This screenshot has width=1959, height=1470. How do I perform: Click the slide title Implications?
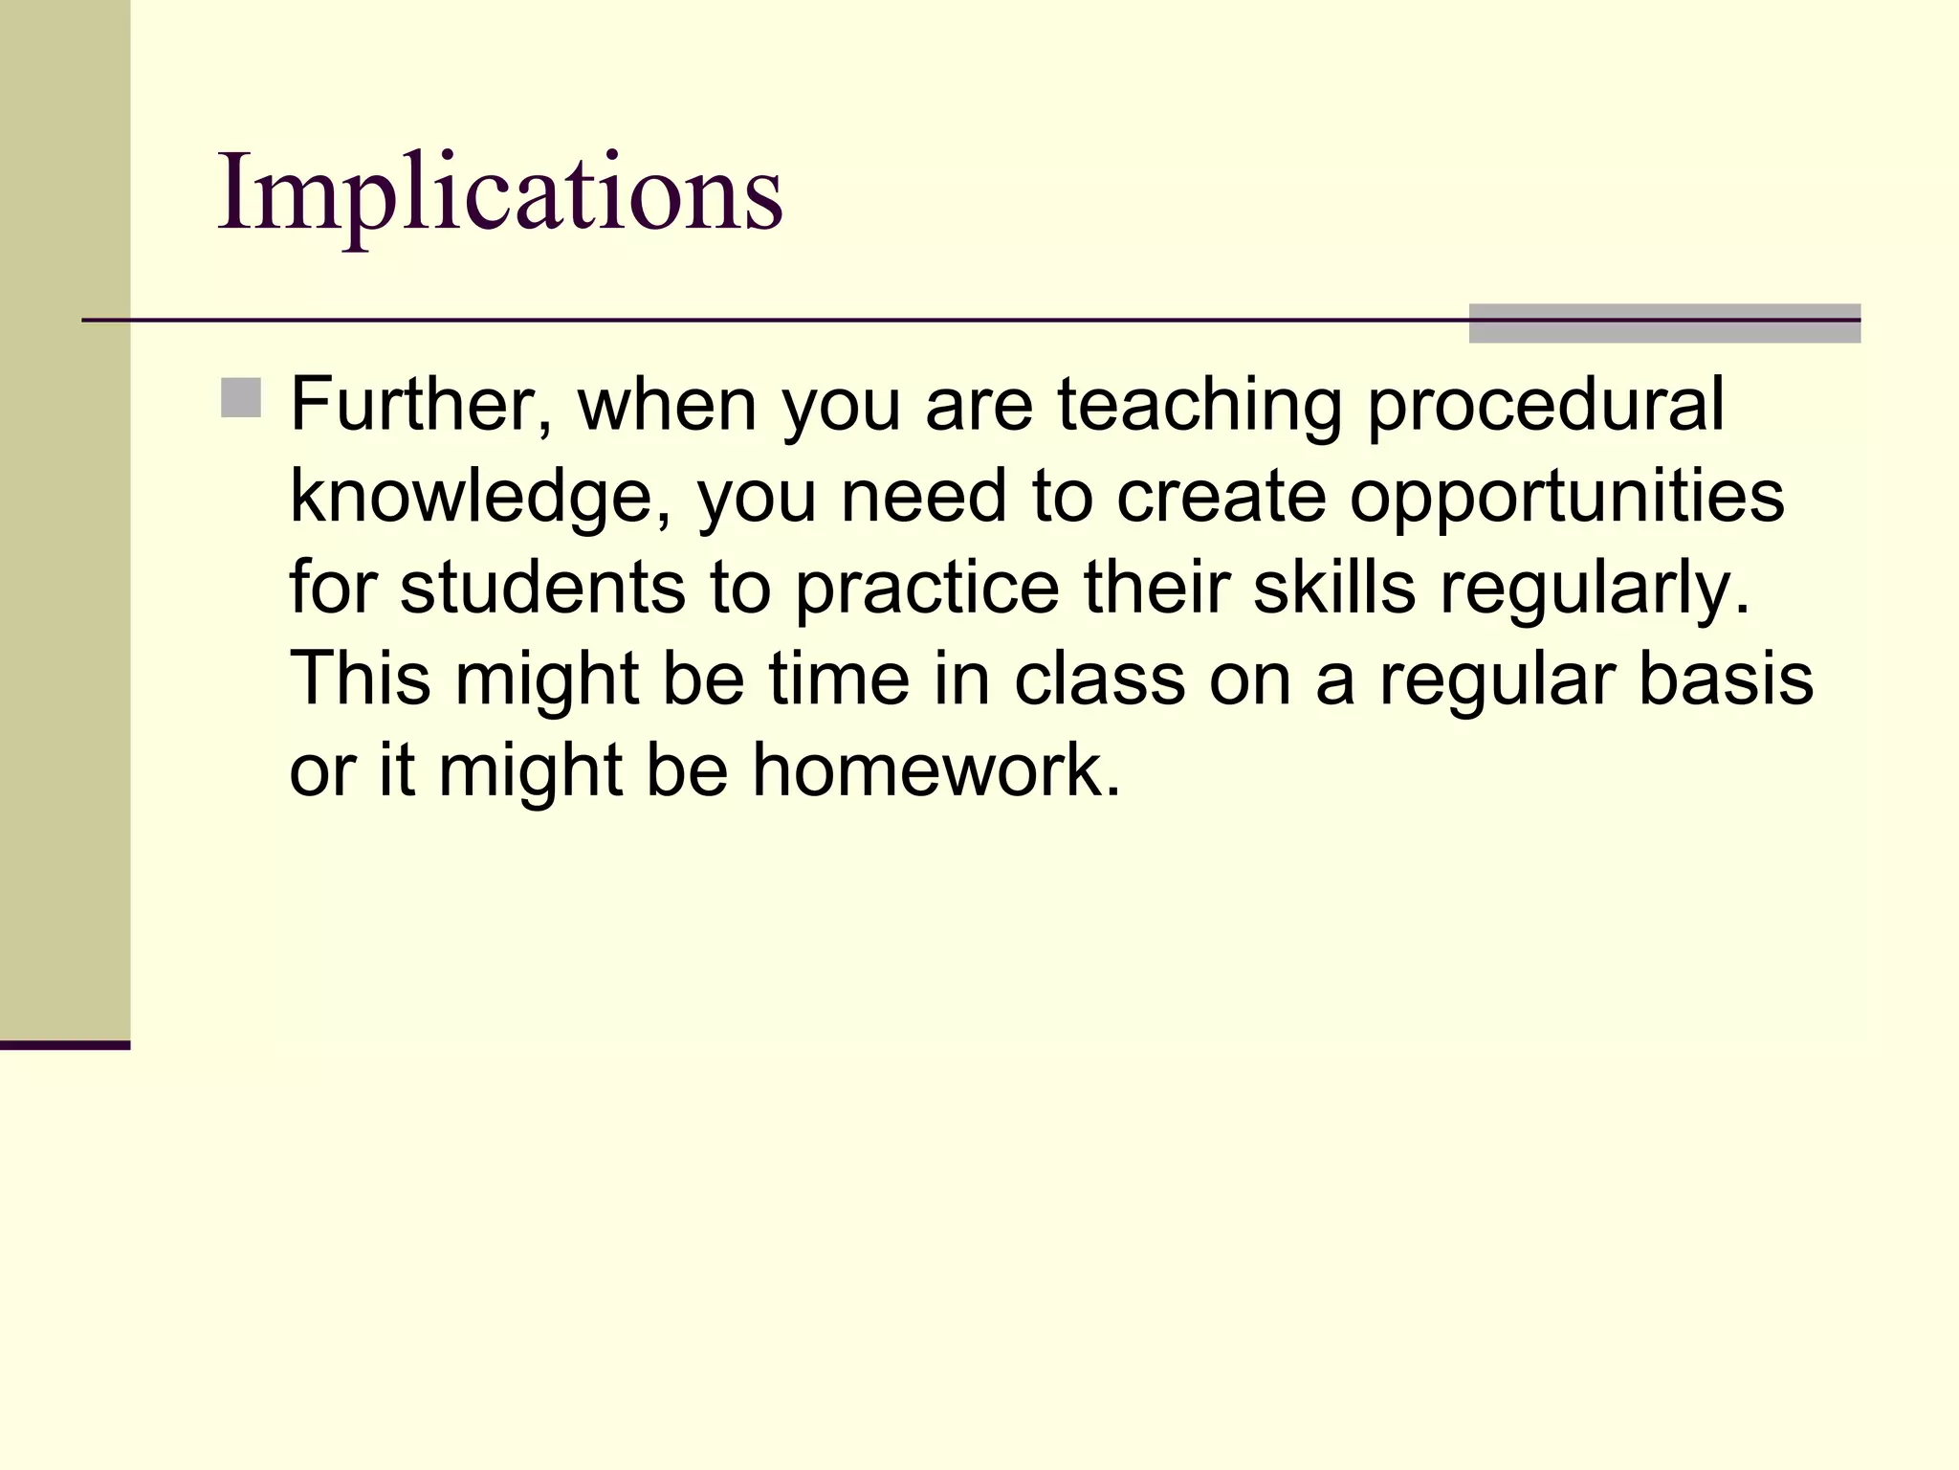[500, 194]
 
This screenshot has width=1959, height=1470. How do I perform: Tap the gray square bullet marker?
[240, 398]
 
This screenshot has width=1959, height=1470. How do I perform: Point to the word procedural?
[1545, 407]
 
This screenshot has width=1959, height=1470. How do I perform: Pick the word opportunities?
[1566, 498]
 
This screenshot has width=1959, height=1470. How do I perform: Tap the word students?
[542, 588]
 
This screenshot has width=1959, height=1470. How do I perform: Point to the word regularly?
[1596, 590]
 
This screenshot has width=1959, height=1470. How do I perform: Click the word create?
[1221, 498]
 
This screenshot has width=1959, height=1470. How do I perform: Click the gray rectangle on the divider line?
[1663, 323]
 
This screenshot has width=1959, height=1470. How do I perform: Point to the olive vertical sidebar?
[64, 517]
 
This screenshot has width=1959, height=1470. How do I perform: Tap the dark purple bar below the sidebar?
[64, 1045]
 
